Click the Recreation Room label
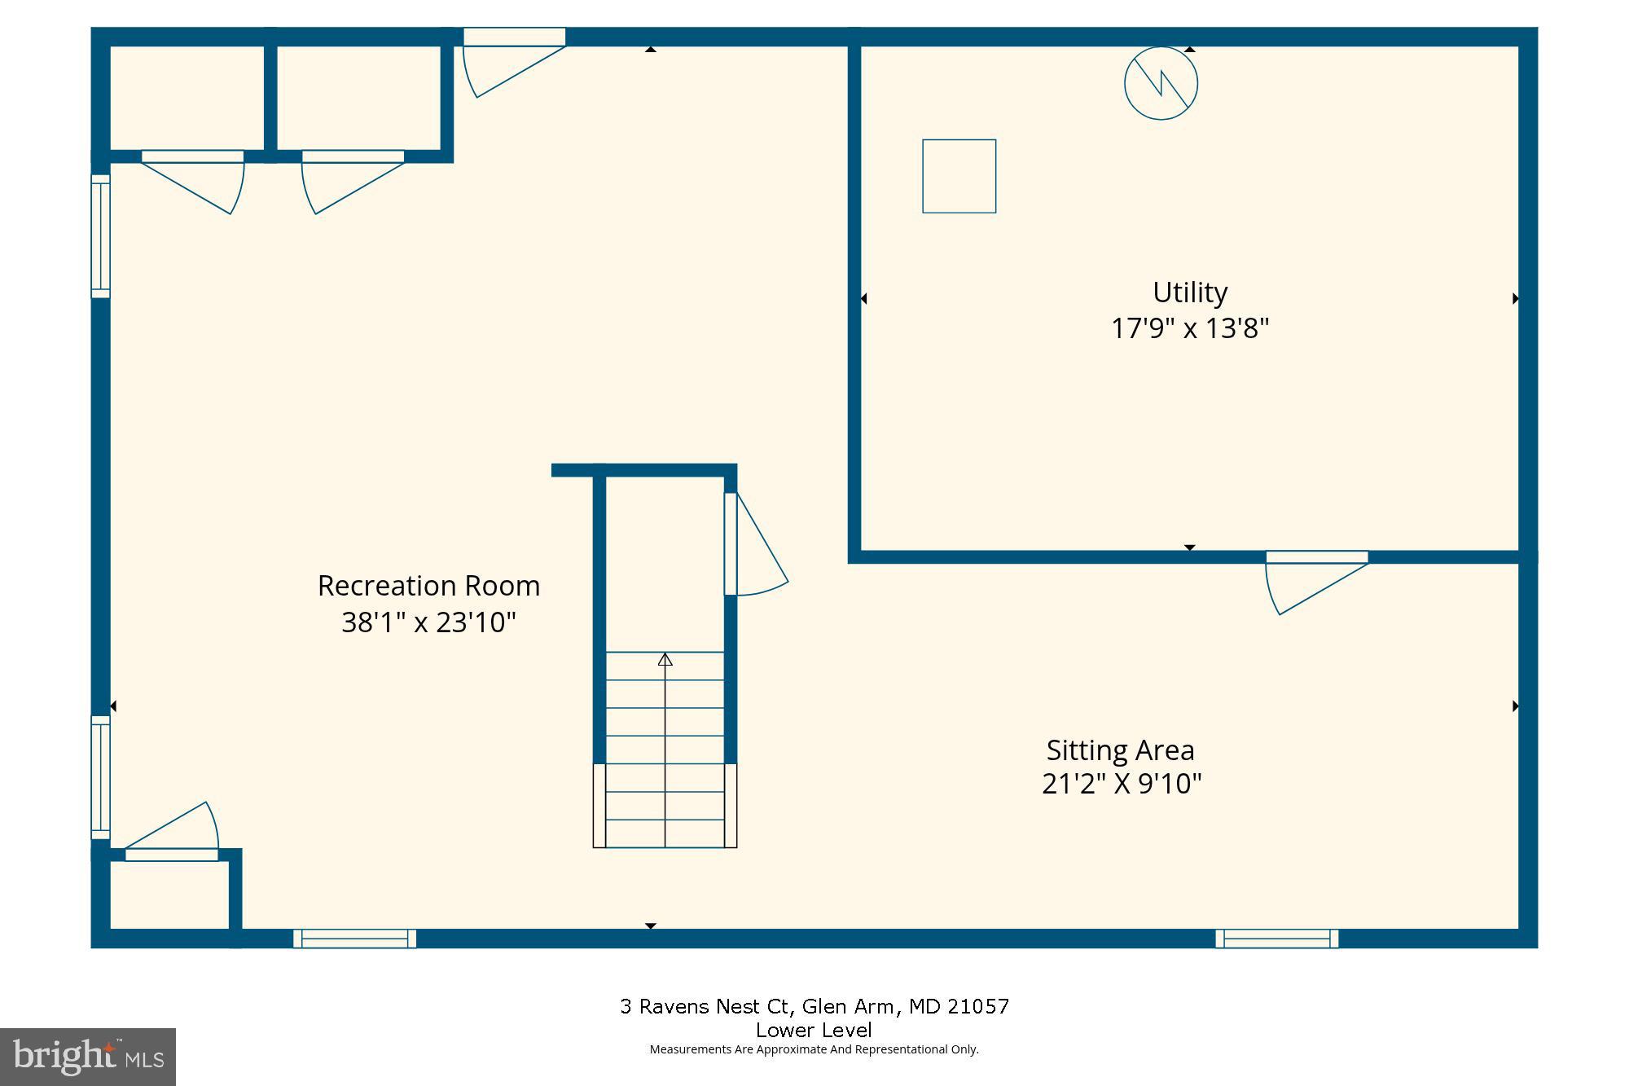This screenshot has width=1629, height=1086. (428, 586)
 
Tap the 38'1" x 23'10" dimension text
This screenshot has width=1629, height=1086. (428, 623)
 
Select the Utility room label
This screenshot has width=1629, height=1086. (1189, 292)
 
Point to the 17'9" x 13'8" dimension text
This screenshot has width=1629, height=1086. (1189, 329)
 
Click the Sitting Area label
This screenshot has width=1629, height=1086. (1120, 750)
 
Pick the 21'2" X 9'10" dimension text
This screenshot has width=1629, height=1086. (1122, 785)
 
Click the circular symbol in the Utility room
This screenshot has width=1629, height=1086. (1161, 84)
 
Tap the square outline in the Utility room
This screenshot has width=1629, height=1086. (959, 176)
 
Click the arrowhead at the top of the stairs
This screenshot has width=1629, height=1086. (665, 659)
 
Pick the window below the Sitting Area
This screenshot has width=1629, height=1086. (1276, 939)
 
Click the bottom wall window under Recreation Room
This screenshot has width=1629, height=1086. (354, 939)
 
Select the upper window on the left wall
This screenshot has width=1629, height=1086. (100, 236)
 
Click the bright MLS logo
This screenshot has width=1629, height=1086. (88, 1057)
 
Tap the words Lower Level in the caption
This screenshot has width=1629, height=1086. (813, 1030)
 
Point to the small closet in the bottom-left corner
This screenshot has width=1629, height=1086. (169, 895)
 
